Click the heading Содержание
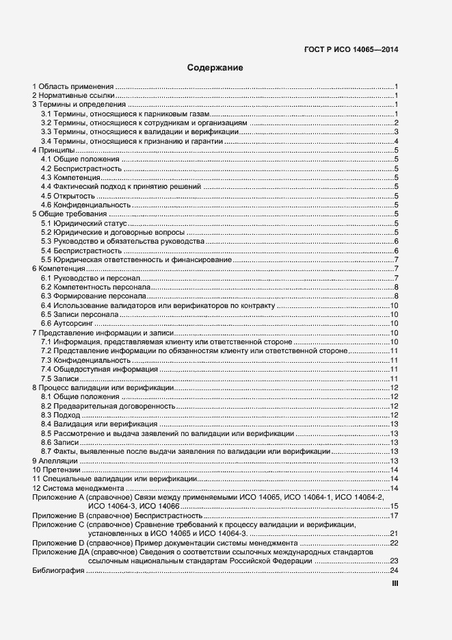(215, 68)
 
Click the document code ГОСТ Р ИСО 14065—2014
(351, 49)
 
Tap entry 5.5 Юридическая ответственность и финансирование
(136, 260)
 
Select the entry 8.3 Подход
(60, 415)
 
